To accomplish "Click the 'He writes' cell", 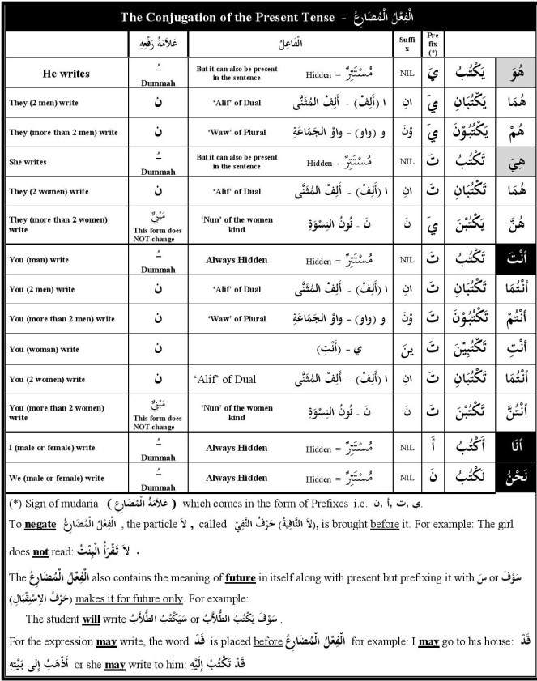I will click(66, 74).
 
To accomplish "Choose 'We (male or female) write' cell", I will click(56, 478).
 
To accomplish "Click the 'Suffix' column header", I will click(408, 42).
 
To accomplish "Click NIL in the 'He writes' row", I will click(407, 74).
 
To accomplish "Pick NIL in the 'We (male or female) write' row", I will click(407, 478).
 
